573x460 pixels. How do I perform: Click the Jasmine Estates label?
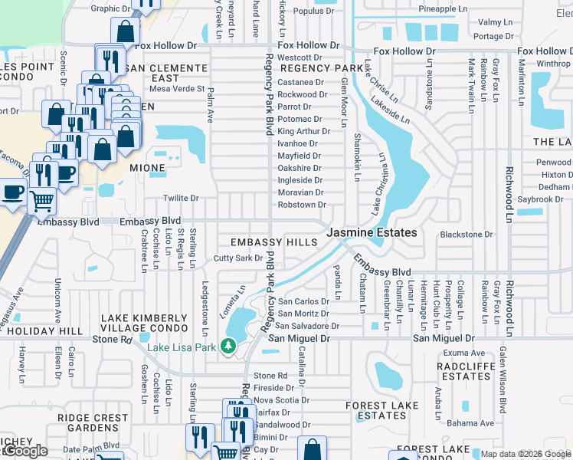click(x=372, y=232)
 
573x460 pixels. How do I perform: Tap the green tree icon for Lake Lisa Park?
click(x=228, y=347)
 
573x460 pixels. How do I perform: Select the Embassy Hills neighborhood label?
click(x=269, y=242)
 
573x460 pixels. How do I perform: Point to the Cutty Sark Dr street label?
click(x=238, y=258)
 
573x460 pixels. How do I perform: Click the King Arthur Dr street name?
click(x=300, y=131)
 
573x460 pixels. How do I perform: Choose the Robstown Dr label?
click(x=302, y=205)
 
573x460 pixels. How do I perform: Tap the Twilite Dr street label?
click(x=182, y=198)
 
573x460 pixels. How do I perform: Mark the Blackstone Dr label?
click(x=466, y=235)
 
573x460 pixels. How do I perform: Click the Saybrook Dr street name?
click(x=540, y=199)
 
